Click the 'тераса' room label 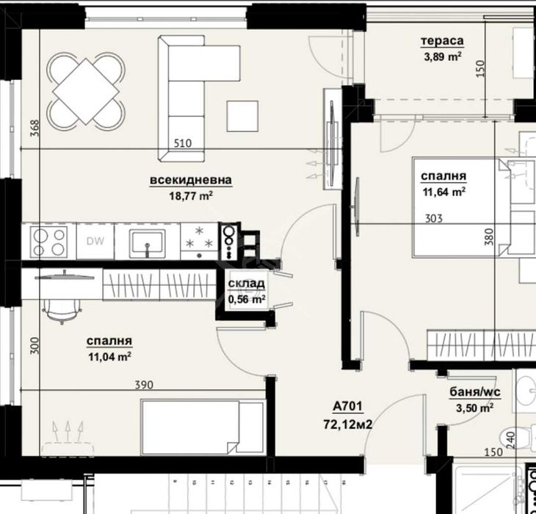[x=441, y=41]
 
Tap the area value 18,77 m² [x=190, y=195]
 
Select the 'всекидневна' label [x=190, y=181]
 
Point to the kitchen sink [x=150, y=242]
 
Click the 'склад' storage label [x=246, y=285]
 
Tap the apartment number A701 [x=348, y=407]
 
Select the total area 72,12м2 [x=352, y=423]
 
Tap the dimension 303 [x=435, y=218]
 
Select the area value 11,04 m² [x=109, y=357]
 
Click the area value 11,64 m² [x=443, y=193]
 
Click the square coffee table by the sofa [x=242, y=115]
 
